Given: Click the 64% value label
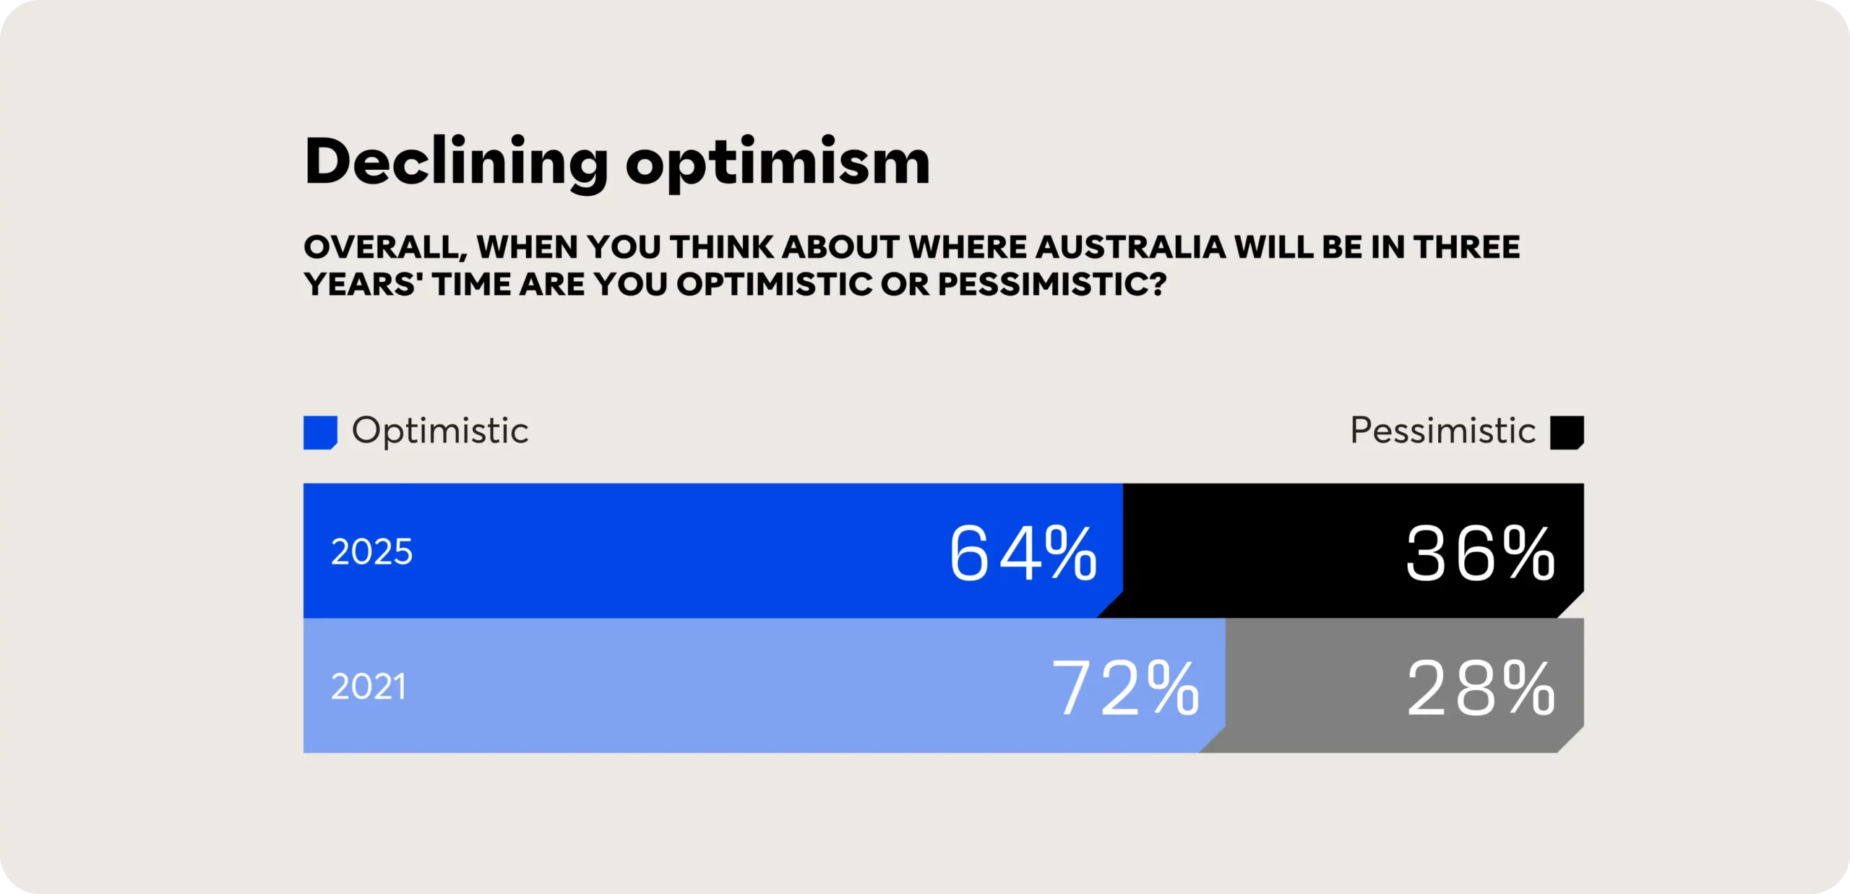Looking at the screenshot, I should tap(1023, 553).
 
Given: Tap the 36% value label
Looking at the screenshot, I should tap(1480, 553).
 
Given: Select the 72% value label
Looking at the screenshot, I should tap(1125, 688).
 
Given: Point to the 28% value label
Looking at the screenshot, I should tap(1480, 688).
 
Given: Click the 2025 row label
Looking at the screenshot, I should tap(371, 552).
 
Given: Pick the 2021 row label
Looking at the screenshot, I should tap(369, 687).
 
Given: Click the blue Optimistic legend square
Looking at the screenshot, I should tap(320, 432).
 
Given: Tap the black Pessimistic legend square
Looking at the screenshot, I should tap(1567, 432).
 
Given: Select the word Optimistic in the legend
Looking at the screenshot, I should tap(440, 431).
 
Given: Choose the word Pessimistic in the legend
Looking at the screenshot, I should tap(1442, 431).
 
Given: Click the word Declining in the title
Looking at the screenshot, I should tap(456, 163).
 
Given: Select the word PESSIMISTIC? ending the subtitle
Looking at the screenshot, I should tap(1052, 284).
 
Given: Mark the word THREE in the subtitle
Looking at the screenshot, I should tap(1466, 247).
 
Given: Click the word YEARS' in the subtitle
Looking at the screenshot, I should tap(363, 284).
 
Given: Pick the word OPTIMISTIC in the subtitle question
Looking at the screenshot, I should tap(774, 284).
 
